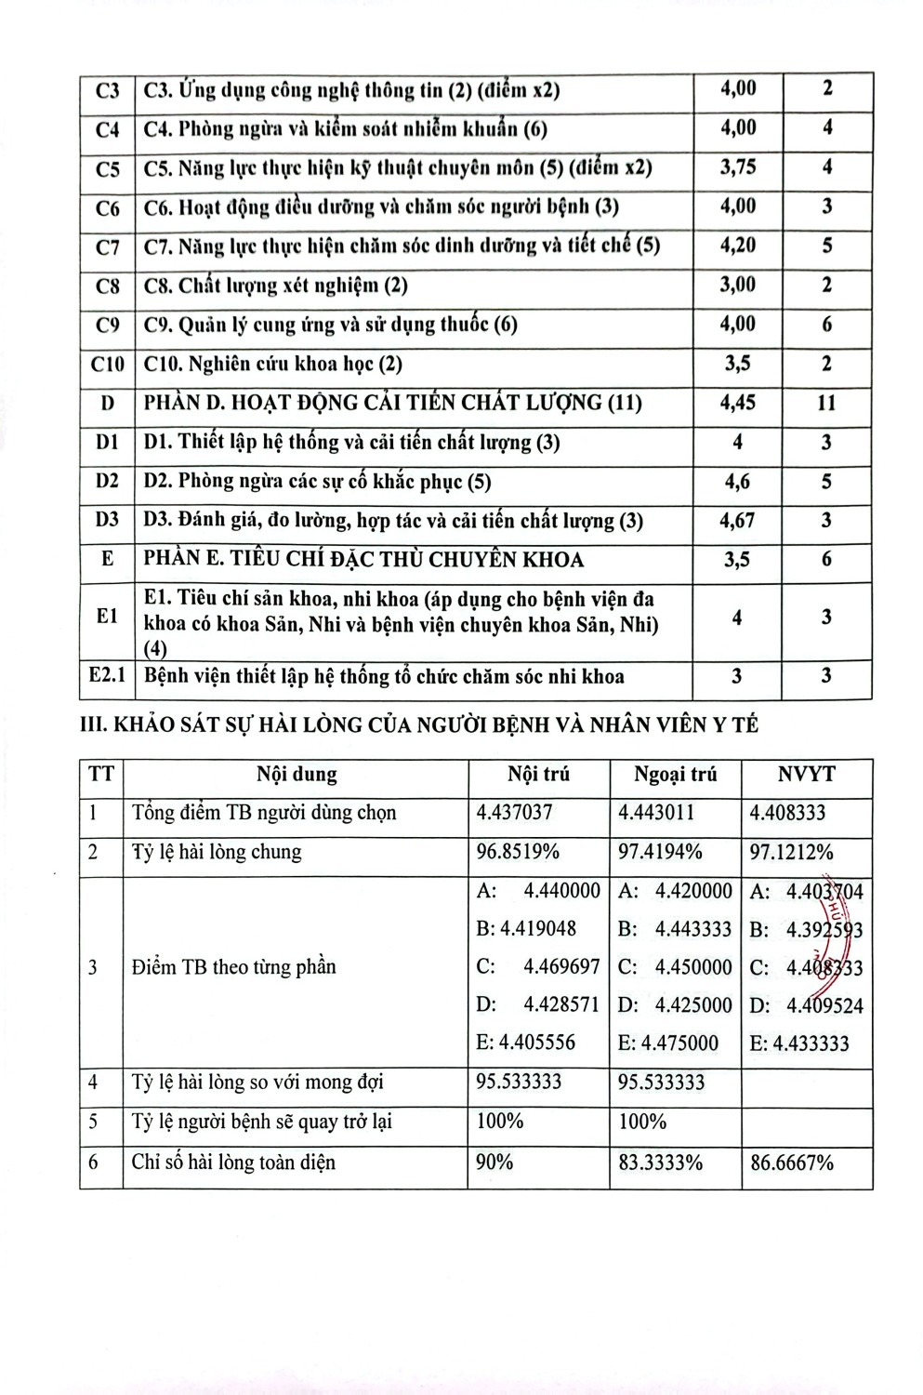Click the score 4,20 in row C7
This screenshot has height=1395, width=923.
[738, 246]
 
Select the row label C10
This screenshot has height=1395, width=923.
[108, 364]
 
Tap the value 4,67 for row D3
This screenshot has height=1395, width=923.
[737, 521]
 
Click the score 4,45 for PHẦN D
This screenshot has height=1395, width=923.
[737, 403]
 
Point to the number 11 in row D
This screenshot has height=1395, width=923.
[826, 403]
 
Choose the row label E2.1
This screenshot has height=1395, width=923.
[108, 675]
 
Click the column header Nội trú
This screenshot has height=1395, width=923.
[538, 775]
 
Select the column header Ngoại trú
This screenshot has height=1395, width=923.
[675, 775]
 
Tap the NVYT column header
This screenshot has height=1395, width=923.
[806, 775]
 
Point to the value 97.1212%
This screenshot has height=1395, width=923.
[792, 852]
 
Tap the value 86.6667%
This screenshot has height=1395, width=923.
[792, 1162]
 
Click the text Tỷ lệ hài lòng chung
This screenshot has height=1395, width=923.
[217, 852]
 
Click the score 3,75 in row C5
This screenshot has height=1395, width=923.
[738, 166]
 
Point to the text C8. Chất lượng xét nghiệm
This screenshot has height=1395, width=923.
[276, 286]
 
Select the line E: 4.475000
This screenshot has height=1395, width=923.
[667, 1043]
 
